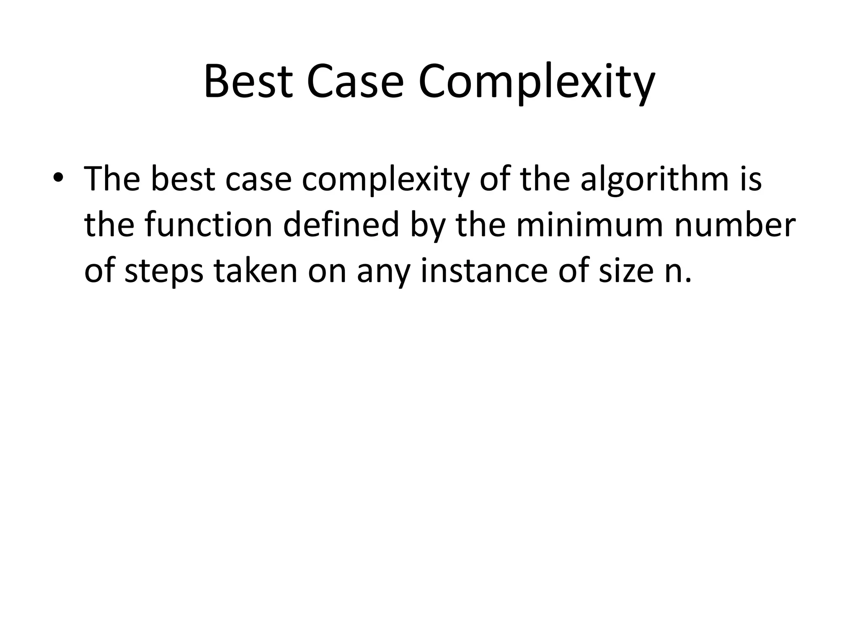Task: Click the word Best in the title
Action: click(x=248, y=82)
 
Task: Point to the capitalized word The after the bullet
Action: click(x=112, y=179)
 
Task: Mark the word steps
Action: click(x=164, y=273)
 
